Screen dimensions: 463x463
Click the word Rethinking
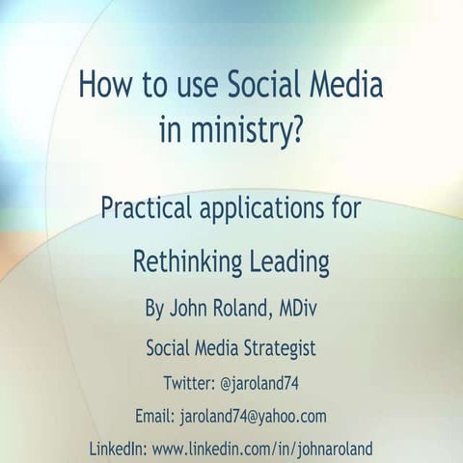pyautogui.click(x=182, y=261)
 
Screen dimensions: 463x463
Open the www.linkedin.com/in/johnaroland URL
pyautogui.click(x=261, y=449)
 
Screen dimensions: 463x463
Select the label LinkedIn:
pyautogui.click(x=119, y=449)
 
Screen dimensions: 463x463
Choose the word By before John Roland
pyautogui.click(x=154, y=310)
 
